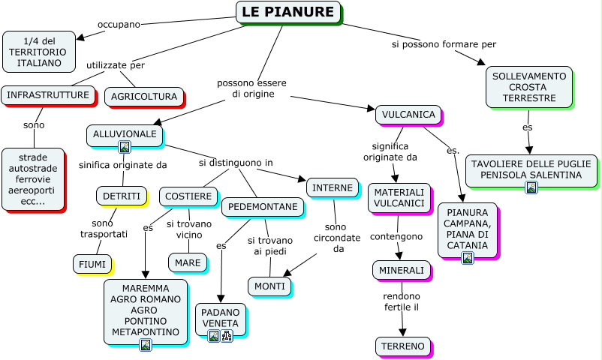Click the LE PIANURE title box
tap(288, 12)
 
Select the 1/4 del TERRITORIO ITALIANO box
tap(39, 51)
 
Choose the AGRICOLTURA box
tap(143, 97)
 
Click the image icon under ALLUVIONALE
tap(125, 147)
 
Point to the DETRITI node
tap(121, 196)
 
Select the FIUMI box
tap(92, 263)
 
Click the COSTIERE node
tap(188, 196)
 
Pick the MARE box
tap(187, 262)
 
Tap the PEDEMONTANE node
tap(262, 206)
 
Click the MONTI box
tap(269, 286)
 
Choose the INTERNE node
tap(332, 187)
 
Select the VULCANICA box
tap(408, 115)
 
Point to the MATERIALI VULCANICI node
tap(399, 198)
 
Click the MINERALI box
tap(401, 270)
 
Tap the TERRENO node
tap(402, 346)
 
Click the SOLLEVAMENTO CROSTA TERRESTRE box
tap(528, 87)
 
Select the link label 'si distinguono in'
tap(236, 163)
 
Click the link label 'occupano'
tap(119, 25)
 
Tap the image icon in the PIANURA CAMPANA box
tap(468, 258)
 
